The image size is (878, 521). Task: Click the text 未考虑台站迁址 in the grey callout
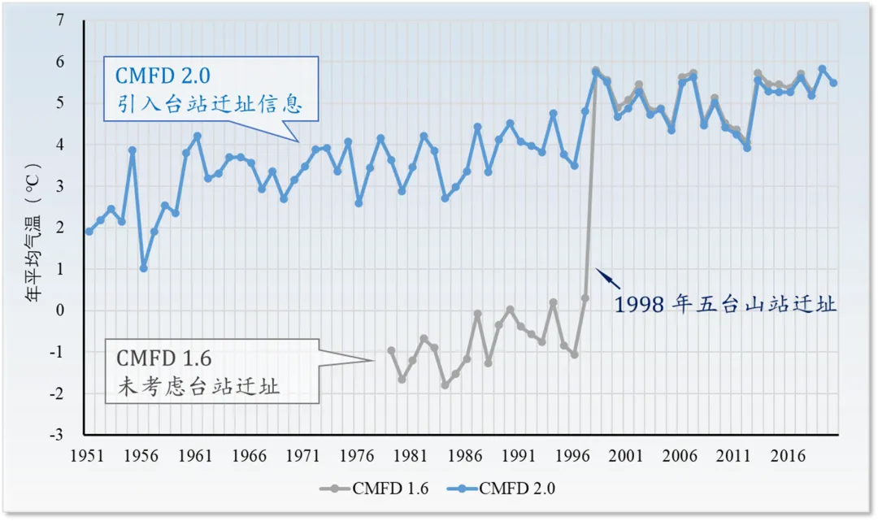point(198,386)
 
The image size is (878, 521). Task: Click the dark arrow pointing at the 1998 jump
point(608,279)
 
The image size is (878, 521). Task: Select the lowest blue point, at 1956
point(143,267)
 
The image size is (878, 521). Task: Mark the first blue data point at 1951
point(89,232)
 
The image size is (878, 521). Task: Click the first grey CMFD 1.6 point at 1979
point(391,350)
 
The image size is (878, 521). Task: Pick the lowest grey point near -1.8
point(445,385)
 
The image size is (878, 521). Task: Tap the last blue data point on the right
point(833,83)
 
